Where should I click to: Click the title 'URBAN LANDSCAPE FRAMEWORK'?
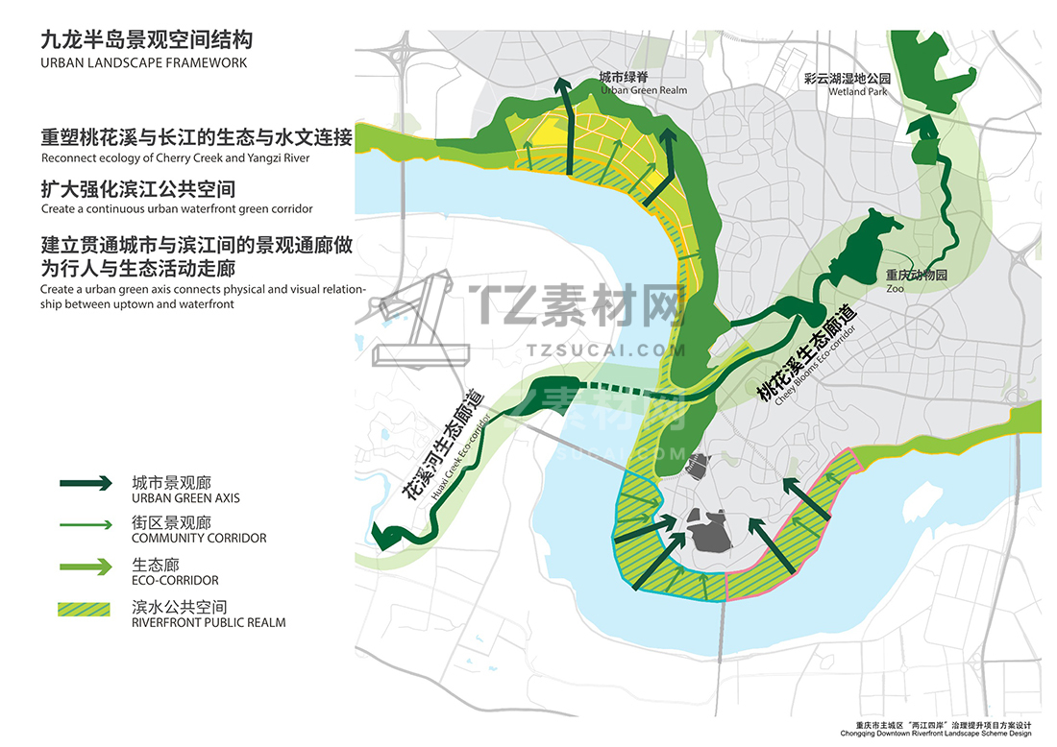(143, 63)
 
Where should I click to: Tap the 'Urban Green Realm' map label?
(644, 90)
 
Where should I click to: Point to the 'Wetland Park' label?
(857, 91)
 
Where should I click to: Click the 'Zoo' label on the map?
(895, 288)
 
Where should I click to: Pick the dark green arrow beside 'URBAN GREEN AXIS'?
(86, 483)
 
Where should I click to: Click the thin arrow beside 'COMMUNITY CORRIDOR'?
(86, 524)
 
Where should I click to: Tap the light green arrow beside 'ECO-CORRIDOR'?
(86, 567)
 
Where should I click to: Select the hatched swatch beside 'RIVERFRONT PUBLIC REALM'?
(85, 609)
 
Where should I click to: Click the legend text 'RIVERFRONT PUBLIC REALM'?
(209, 623)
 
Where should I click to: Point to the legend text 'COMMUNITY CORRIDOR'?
(199, 539)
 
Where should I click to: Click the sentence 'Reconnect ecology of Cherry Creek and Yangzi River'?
(175, 158)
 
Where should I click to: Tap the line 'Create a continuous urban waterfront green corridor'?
(177, 208)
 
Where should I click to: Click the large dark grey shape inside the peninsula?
(709, 531)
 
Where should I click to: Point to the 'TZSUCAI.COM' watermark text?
(606, 350)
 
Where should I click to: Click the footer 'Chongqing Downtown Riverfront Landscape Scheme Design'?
(936, 734)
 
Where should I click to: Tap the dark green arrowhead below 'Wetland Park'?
(922, 127)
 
